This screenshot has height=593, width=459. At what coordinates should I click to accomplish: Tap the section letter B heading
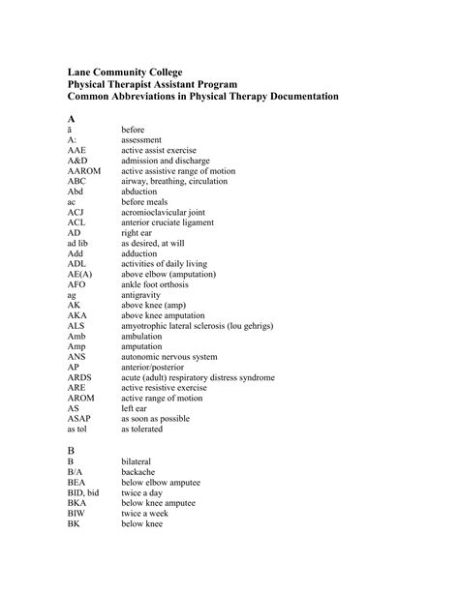coord(71,451)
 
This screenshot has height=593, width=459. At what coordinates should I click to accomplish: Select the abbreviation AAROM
coord(82,170)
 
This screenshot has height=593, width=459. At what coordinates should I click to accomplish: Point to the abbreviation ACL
coord(77,222)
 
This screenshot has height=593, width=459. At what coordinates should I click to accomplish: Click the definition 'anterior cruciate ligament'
coord(173,222)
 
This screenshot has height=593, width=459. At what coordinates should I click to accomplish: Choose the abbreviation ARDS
coord(80,377)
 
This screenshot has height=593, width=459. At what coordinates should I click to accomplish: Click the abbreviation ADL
coord(77,263)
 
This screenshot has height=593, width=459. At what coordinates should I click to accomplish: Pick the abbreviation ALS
coord(76,326)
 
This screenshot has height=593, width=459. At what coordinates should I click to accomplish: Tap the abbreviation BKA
coord(77,503)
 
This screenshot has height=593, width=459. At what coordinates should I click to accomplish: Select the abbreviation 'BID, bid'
coord(83,492)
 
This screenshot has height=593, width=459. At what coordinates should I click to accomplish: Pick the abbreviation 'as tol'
coord(78,429)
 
